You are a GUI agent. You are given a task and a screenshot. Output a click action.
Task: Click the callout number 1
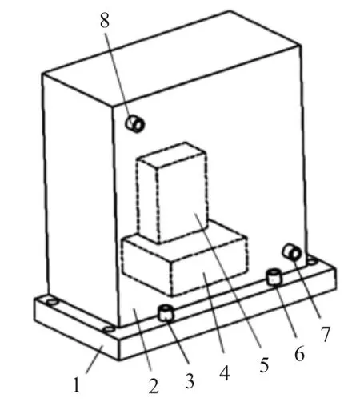[77, 384]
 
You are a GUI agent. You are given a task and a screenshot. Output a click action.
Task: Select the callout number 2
[154, 386]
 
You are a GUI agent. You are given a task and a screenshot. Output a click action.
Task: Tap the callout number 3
[190, 381]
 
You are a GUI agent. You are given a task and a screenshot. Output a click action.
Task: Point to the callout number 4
[225, 372]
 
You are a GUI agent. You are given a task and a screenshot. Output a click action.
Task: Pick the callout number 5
[264, 364]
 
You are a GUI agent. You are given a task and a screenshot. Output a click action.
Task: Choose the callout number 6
[299, 352]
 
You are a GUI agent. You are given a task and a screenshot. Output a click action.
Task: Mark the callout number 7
[326, 334]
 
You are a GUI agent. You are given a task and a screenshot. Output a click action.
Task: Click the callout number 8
[105, 20]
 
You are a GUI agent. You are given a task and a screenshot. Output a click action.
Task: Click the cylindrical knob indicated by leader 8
[135, 123]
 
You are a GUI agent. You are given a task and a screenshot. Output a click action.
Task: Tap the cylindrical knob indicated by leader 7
[292, 252]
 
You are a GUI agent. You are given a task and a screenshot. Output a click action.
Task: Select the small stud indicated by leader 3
[166, 313]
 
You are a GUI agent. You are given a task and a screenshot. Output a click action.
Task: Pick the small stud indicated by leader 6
[274, 277]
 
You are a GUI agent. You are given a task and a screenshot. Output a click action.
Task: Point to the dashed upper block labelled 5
[172, 192]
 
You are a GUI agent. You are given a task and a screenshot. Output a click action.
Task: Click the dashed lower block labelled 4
[185, 264]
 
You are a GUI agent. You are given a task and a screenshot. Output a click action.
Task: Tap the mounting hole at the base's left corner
[51, 303]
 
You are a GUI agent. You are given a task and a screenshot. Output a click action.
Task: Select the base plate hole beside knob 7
[311, 261]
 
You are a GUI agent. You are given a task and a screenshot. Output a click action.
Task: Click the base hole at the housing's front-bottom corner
[109, 329]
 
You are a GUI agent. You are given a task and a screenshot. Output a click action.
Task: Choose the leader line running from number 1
[94, 360]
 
